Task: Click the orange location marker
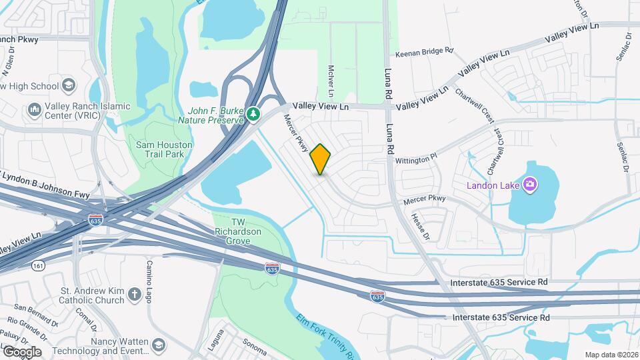click(x=321, y=159)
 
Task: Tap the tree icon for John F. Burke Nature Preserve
click(x=253, y=115)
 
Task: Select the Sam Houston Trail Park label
click(x=164, y=149)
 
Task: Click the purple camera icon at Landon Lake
click(x=530, y=184)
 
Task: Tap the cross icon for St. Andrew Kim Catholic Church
click(x=134, y=295)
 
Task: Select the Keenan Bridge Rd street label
click(x=424, y=51)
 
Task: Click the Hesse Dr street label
click(x=418, y=227)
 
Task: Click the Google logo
click(x=22, y=351)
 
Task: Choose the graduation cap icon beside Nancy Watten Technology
click(x=159, y=345)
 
